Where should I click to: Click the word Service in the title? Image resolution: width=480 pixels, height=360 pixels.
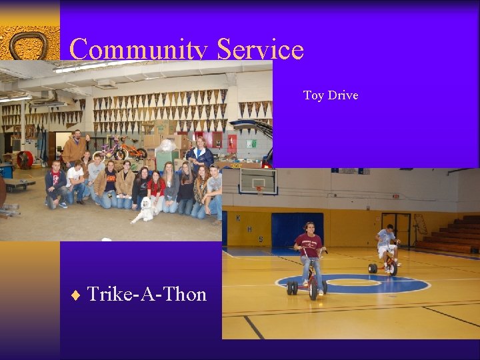pos(260,49)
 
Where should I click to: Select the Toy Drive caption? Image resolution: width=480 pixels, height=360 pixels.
pos(331,95)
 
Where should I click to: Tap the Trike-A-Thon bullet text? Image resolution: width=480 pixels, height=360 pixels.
pos(147,293)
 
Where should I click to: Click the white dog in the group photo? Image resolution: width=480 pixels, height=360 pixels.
pos(144,210)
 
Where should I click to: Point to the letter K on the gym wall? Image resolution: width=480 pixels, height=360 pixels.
pos(238,217)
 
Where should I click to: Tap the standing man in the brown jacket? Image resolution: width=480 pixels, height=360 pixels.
pos(74,148)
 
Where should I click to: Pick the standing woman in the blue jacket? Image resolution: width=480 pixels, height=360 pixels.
pos(199,155)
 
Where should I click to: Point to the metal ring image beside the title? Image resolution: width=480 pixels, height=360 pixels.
pos(29,45)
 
